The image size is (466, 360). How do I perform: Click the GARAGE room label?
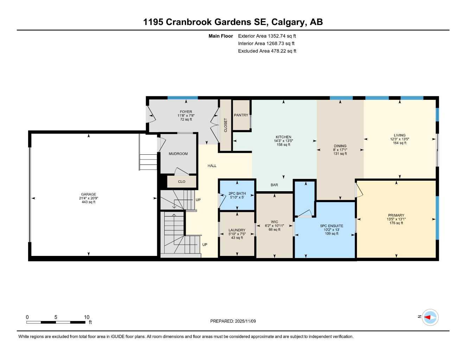click(x=88, y=194)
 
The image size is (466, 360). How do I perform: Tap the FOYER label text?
click(x=186, y=112)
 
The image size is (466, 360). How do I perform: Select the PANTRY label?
click(x=241, y=115)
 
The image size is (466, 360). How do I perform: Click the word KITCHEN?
click(x=283, y=137)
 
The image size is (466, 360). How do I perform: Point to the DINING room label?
click(x=340, y=146)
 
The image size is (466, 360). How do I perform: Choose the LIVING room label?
click(x=400, y=135)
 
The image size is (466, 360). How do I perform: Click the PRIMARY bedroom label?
click(x=396, y=216)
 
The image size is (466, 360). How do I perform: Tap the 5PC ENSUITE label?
click(x=331, y=226)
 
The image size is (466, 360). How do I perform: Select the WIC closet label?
click(x=274, y=222)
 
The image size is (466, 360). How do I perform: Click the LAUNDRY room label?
click(x=237, y=230)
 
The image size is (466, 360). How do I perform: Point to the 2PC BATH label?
click(x=237, y=194)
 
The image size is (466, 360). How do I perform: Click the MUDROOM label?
click(x=178, y=154)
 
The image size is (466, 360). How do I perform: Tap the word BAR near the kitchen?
click(x=274, y=185)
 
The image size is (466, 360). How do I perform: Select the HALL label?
click(x=212, y=166)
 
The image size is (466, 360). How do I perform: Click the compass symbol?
click(x=430, y=317)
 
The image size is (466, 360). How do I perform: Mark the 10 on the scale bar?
click(x=87, y=317)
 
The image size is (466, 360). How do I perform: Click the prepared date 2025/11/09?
click(x=245, y=321)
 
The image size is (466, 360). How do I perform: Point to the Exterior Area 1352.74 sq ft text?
click(x=267, y=36)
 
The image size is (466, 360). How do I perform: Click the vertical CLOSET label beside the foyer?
click(x=225, y=125)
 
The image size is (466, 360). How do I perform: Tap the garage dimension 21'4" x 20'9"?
click(x=88, y=198)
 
